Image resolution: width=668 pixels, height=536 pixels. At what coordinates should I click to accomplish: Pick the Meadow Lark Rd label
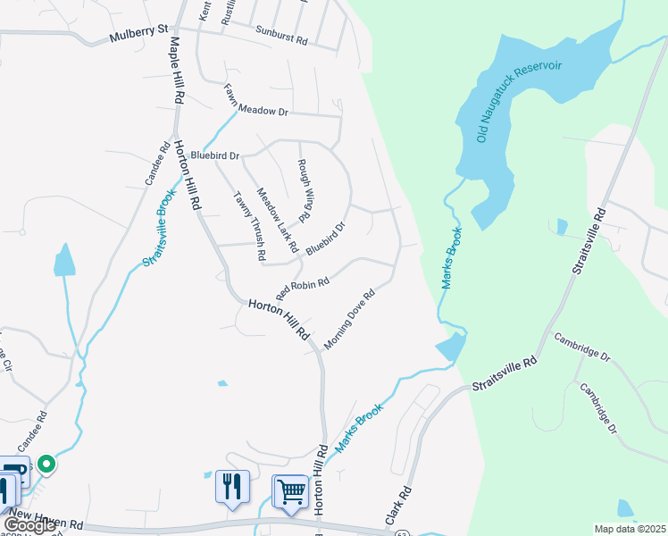coord(276,219)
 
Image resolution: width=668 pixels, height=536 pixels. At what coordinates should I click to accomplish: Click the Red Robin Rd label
coord(303,289)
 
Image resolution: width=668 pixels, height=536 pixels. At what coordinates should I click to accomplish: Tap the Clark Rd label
coord(397,505)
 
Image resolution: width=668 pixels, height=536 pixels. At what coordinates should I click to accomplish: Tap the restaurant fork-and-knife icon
coord(232,487)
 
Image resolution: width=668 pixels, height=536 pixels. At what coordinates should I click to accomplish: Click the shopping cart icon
coord(290,490)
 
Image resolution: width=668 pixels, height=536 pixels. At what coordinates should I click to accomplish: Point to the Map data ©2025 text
coord(630,529)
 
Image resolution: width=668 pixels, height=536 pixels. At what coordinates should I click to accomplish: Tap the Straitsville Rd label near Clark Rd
coord(505,374)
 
